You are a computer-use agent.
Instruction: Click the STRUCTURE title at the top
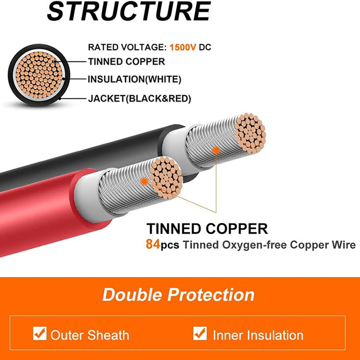(129, 12)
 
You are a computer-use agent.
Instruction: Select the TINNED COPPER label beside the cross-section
(126, 61)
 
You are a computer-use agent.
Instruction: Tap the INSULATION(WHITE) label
(134, 79)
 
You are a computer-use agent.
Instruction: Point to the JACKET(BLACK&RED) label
(140, 99)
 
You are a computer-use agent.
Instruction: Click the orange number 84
(153, 245)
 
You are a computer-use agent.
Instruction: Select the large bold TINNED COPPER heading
(207, 228)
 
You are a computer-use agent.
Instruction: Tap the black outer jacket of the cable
(72, 154)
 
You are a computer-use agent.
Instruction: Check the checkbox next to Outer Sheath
(39, 334)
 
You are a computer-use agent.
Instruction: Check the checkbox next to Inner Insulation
(200, 334)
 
